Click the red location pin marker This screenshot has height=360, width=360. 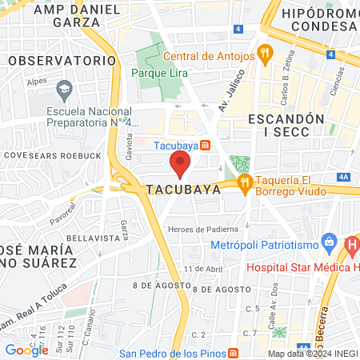tap(180, 164)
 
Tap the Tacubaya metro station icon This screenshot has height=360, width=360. tap(206, 145)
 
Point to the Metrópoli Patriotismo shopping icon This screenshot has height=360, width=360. tap(326, 241)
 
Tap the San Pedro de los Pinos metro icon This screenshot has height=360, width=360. tap(233, 353)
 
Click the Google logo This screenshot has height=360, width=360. tap(26, 350)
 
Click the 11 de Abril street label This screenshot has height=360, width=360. tap(202, 269)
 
